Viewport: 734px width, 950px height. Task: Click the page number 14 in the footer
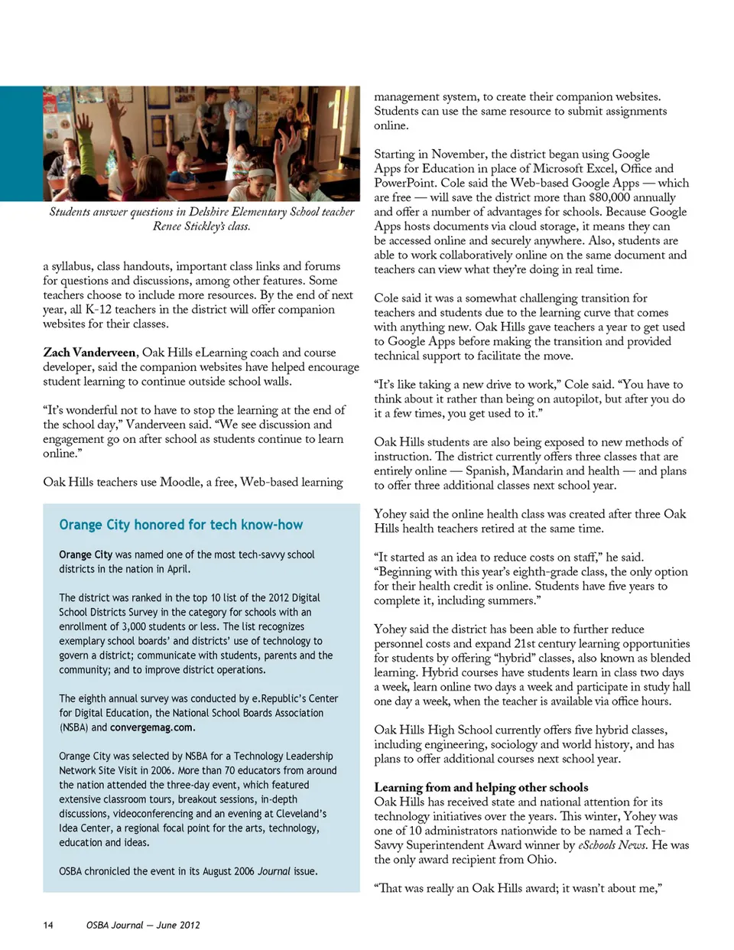48,925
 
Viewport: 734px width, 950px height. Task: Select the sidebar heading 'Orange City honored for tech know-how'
180,525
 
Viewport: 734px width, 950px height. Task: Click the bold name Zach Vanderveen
89,353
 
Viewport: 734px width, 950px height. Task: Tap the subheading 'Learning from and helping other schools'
481,787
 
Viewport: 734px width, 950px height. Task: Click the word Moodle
180,482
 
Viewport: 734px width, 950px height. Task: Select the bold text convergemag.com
152,727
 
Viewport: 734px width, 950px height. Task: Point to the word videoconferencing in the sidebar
153,814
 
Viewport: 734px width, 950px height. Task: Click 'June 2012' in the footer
178,925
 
